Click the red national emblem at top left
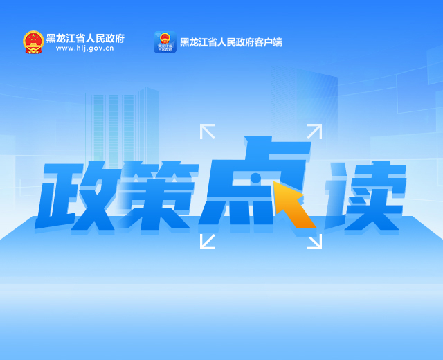pyautogui.click(x=33, y=42)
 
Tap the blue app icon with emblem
pyautogui.click(x=165, y=42)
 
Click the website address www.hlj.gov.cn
pyautogui.click(x=84, y=48)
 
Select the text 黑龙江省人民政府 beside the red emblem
pyautogui.click(x=85, y=38)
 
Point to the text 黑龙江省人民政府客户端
pyautogui.click(x=231, y=42)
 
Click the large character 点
pyautogui.click(x=254, y=181)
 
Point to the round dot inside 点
pyautogui.click(x=255, y=178)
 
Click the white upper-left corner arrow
pyautogui.click(x=208, y=132)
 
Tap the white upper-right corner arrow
pyautogui.click(x=314, y=132)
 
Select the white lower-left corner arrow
pyautogui.click(x=208, y=242)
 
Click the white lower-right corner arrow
pyautogui.click(x=314, y=242)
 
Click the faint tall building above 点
pyautogui.click(x=305, y=105)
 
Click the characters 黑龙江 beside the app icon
pyautogui.click(x=194, y=42)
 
